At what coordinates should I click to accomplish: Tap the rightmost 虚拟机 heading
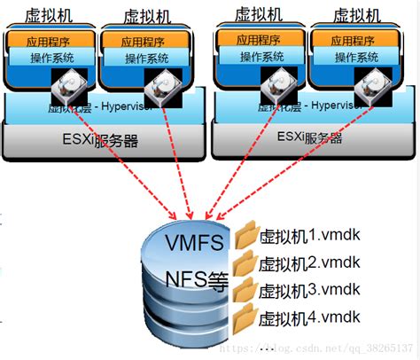(x=359, y=14)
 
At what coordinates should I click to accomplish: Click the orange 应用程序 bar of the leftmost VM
(x=49, y=40)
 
